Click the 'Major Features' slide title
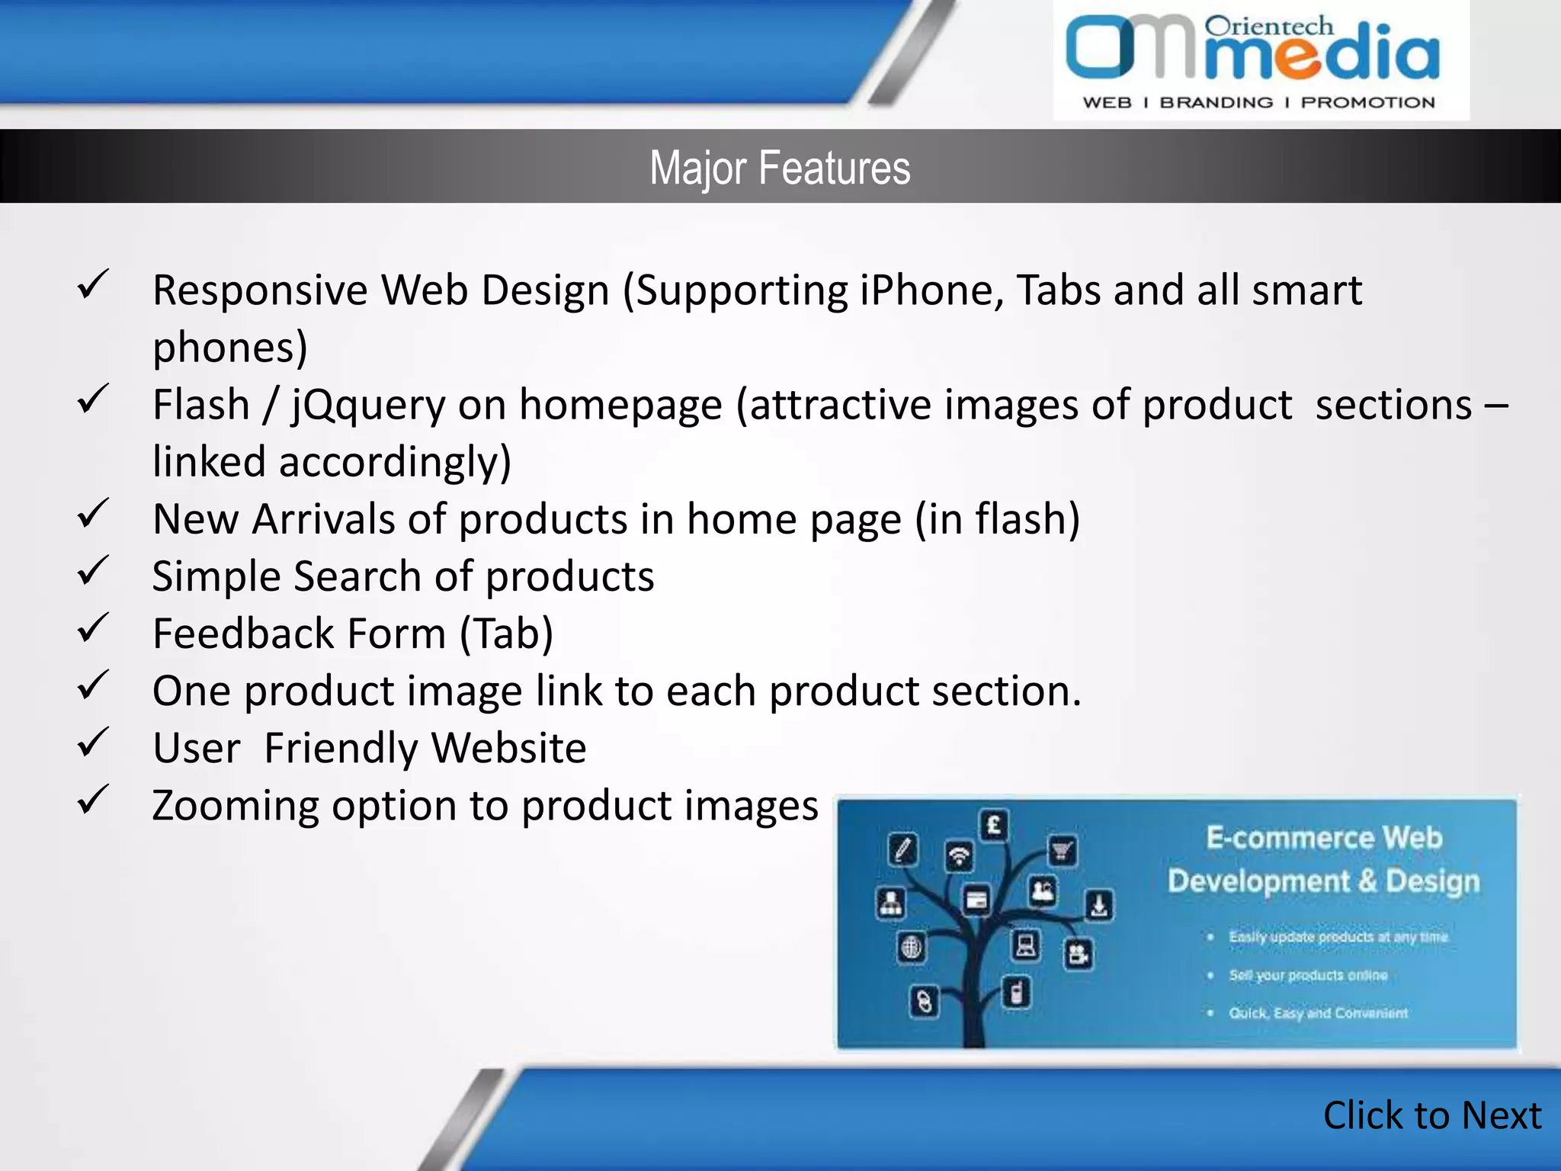pos(780,168)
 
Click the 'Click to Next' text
pos(1431,1115)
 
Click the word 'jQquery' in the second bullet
pos(369,406)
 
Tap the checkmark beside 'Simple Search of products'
pos(93,571)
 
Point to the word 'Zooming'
pos(236,807)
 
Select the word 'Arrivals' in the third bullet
pos(323,519)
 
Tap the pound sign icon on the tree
pos(994,825)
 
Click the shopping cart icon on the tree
pos(1063,850)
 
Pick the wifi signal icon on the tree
pos(959,855)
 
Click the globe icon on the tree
pos(911,948)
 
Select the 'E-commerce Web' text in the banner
pos(1324,838)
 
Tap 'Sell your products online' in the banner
pos(1307,975)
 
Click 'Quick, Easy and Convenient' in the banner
pos(1318,1013)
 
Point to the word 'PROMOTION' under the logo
pos(1367,103)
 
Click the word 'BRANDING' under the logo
pos(1216,103)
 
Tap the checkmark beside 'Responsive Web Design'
pos(93,285)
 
